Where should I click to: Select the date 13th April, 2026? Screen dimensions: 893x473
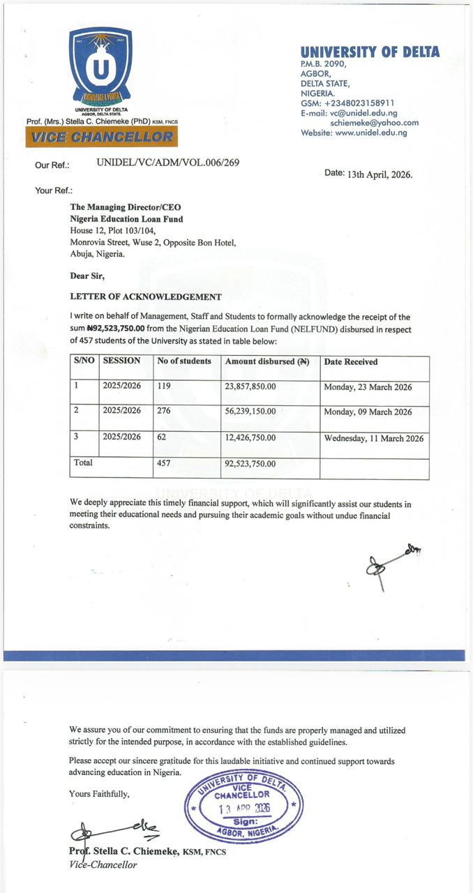[380, 174]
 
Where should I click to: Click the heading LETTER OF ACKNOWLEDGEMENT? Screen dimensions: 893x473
[146, 297]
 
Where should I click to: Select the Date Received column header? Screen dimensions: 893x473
[351, 362]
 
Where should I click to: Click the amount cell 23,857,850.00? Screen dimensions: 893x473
[250, 387]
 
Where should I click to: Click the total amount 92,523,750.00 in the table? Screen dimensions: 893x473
[250, 463]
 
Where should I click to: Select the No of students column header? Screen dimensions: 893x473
[184, 361]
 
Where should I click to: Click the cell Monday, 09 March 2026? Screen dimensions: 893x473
[368, 412]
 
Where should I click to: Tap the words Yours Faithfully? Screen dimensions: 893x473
[99, 793]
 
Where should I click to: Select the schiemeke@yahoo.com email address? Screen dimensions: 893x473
[374, 123]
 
